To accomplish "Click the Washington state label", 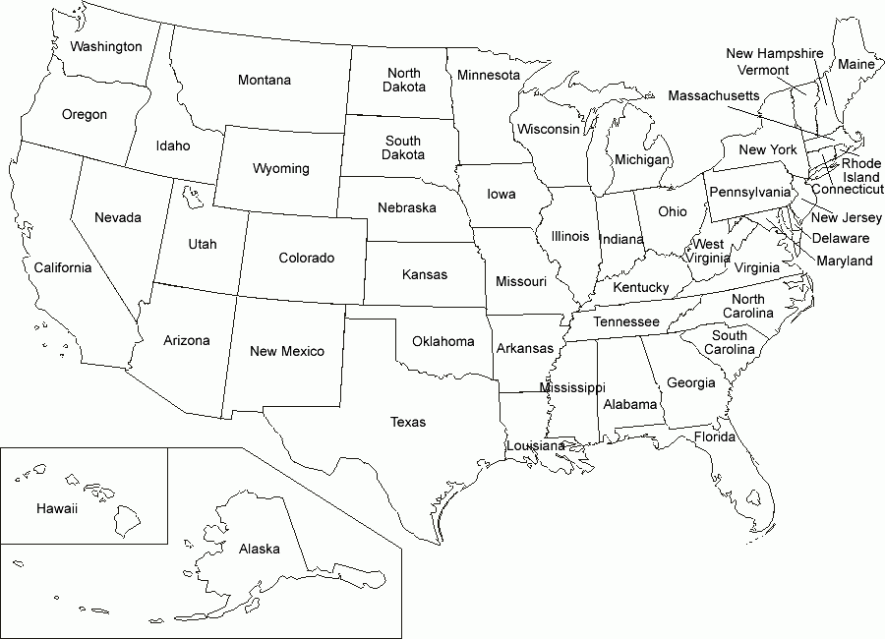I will (106, 46).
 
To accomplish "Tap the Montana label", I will (264, 80).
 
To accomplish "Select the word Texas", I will (408, 422).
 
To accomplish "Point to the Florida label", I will (715, 436).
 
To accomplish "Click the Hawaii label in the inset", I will (56, 508).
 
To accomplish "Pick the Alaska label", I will (259, 549).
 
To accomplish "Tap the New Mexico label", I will (286, 351).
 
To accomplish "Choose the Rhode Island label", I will (860, 170).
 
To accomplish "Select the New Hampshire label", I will (775, 54).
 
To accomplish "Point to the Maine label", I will (855, 64).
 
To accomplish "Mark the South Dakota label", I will (403, 147).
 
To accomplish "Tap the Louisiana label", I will (535, 445).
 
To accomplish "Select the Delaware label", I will (840, 238).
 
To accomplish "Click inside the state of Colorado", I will (306, 259).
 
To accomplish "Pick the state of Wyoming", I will (280, 168).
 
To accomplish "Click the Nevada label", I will (117, 217).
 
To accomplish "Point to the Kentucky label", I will (640, 287).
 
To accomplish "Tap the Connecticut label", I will (847, 189).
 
